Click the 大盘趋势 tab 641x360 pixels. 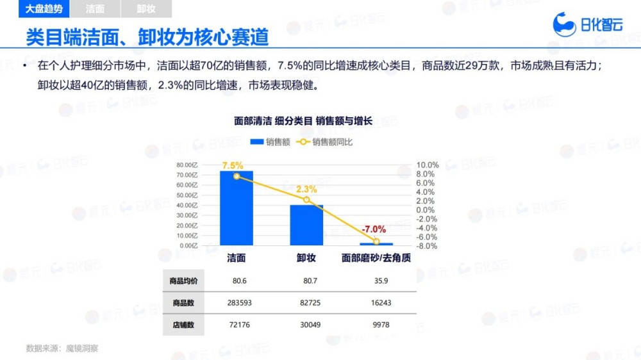44,9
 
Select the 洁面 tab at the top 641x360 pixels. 95,9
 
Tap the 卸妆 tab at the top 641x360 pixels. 147,9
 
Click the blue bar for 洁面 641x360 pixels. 237,208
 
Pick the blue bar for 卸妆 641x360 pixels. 306,225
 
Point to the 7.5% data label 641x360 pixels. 233,165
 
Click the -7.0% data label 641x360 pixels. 374,229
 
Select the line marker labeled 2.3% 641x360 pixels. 306,200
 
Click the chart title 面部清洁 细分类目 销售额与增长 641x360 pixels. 303,120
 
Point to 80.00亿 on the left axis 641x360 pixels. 187,165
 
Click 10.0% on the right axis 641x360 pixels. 427,165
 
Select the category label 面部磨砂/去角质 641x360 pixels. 376,258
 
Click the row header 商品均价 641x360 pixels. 184,281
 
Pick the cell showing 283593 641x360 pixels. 237,303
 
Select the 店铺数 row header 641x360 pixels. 184,325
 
